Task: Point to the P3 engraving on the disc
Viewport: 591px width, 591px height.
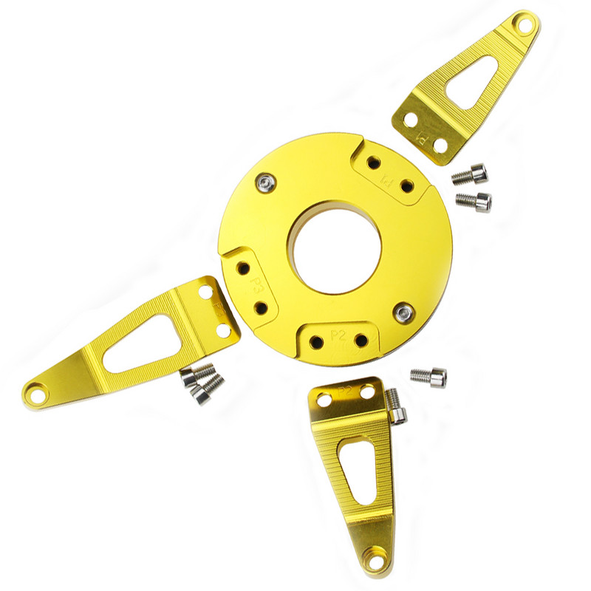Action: pyautogui.click(x=259, y=284)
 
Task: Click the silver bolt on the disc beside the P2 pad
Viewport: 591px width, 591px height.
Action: pyautogui.click(x=403, y=313)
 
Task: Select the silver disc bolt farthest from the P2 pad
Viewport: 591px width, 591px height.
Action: pyautogui.click(x=266, y=181)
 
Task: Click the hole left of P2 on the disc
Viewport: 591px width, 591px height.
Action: pyautogui.click(x=316, y=342)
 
